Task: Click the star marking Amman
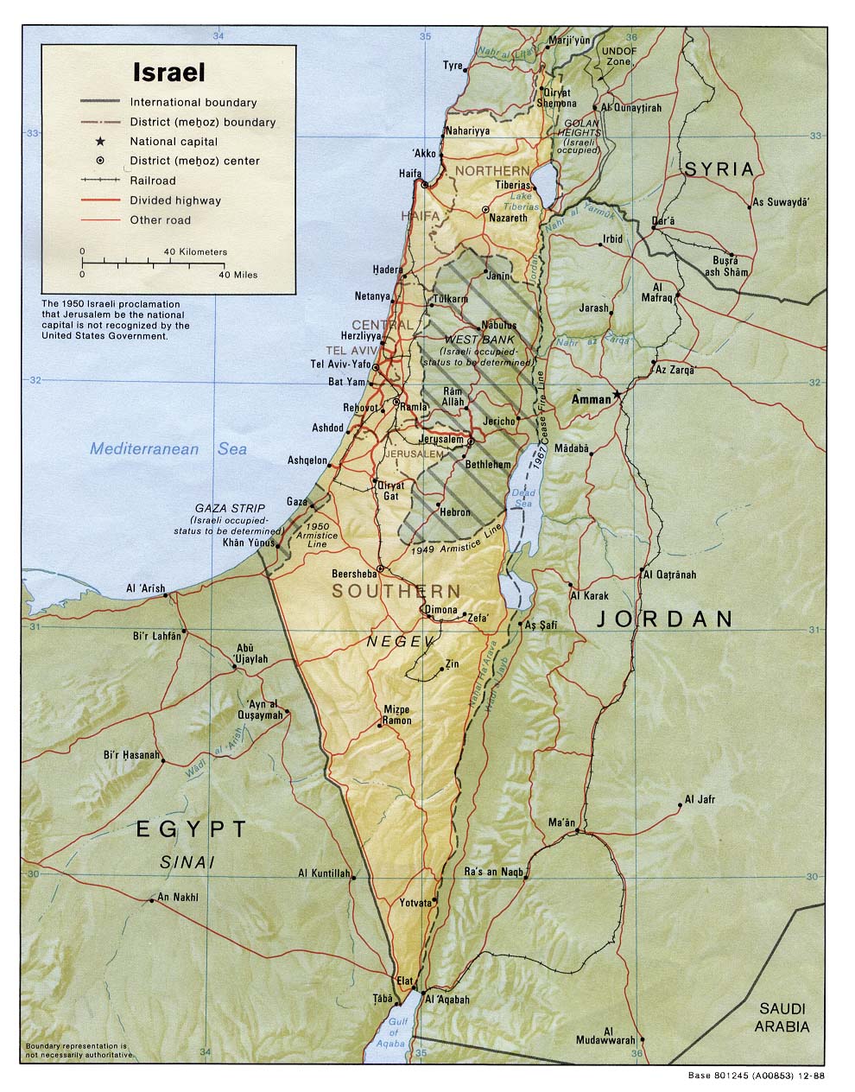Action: [617, 396]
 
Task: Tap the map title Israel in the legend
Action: [168, 72]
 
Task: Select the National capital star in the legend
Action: [100, 141]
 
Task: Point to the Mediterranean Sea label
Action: [168, 448]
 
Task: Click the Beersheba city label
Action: [354, 574]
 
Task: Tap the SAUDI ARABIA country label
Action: [782, 1017]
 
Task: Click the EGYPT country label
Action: [192, 829]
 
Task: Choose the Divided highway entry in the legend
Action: [175, 200]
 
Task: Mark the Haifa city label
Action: [409, 173]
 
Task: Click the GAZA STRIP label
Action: [229, 508]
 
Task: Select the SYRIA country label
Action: [719, 169]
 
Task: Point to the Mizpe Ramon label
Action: [396, 714]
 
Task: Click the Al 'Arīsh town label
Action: [145, 589]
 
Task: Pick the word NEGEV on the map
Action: [397, 641]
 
